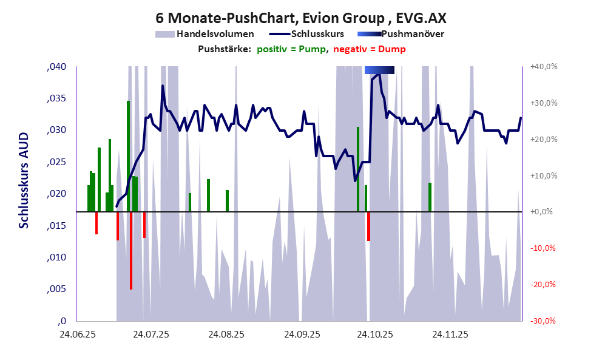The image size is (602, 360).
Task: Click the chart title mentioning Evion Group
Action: (301, 17)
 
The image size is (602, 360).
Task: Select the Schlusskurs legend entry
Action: (317, 34)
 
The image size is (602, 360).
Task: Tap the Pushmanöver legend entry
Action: (412, 34)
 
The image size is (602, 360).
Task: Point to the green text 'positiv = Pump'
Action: (291, 49)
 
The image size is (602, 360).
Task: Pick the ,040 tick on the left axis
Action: (57, 67)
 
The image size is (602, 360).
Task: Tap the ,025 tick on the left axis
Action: (57, 162)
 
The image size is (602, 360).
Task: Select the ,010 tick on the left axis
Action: (57, 257)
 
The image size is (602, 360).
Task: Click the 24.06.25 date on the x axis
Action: (76, 335)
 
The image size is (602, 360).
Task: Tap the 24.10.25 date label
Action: (375, 335)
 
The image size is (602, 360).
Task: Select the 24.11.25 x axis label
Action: (450, 335)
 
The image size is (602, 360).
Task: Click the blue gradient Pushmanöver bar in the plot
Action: (379, 70)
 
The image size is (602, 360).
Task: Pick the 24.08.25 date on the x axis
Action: (226, 335)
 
